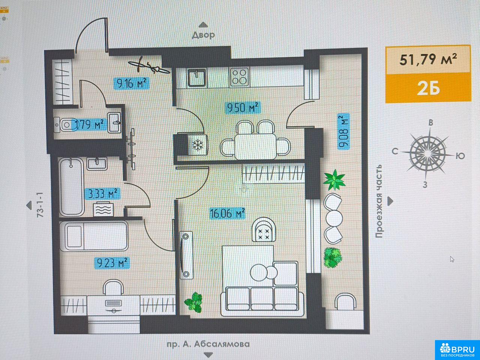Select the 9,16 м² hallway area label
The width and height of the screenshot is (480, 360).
pyautogui.click(x=131, y=83)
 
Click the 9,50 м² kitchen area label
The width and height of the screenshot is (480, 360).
pyautogui.click(x=243, y=108)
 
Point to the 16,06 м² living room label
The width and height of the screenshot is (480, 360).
pyautogui.click(x=227, y=213)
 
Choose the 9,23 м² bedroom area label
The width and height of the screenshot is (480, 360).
pyautogui.click(x=112, y=263)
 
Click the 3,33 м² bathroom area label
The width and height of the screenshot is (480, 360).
pyautogui.click(x=102, y=193)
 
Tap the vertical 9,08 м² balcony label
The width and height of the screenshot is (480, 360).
pyautogui.click(x=343, y=131)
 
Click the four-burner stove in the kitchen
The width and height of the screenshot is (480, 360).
pyautogui.click(x=239, y=77)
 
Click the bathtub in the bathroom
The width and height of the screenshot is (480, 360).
pyautogui.click(x=71, y=186)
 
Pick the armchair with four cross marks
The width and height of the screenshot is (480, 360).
pyautogui.click(x=264, y=229)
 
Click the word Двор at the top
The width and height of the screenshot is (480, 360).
pyautogui.click(x=203, y=35)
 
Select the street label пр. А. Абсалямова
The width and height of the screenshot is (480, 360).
pyautogui.click(x=208, y=344)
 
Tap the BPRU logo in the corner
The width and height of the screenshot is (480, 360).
pyautogui.click(x=457, y=350)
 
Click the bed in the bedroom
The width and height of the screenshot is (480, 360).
pyautogui.click(x=94, y=236)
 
